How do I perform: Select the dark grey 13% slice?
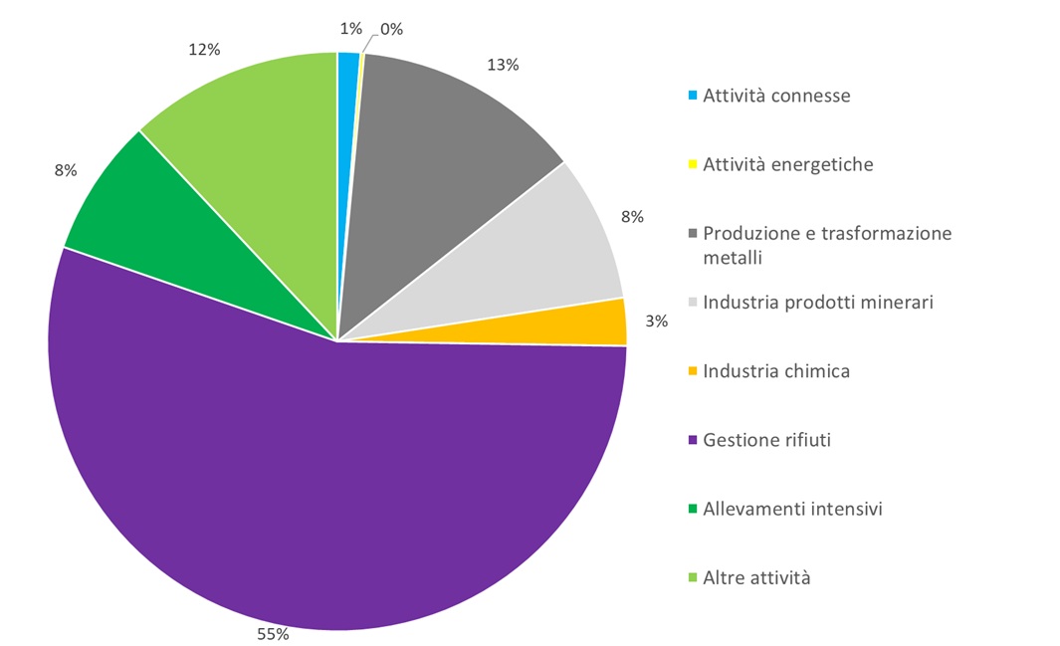tap(438, 139)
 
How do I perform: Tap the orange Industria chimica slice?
tap(597, 323)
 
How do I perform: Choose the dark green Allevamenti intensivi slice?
tap(139, 219)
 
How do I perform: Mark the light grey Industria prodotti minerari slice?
tap(557, 249)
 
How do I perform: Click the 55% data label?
tap(274, 634)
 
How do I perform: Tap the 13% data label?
tap(504, 66)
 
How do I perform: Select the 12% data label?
tap(205, 49)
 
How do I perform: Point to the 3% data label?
tap(655, 322)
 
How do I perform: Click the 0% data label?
tap(391, 30)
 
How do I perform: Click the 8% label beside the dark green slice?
tap(66, 171)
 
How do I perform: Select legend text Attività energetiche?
tap(787, 164)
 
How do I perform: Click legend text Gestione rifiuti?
tap(766, 439)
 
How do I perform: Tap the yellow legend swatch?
tap(693, 165)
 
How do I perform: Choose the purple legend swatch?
tap(693, 440)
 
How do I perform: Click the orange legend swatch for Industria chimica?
tap(693, 371)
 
